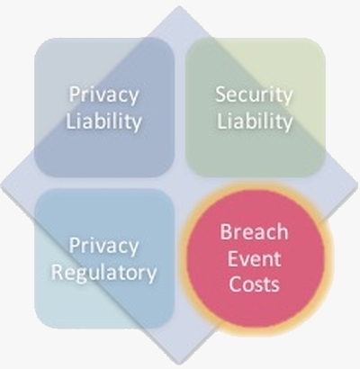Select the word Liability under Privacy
click(103, 121)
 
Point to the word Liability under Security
click(255, 121)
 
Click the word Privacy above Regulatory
click(103, 247)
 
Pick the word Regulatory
click(103, 274)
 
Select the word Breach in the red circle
click(254, 232)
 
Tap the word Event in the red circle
click(254, 258)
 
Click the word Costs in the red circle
click(254, 283)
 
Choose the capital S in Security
click(221, 94)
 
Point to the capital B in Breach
click(226, 232)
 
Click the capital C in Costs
click(235, 283)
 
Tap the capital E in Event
click(232, 258)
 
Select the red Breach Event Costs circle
click(256, 258)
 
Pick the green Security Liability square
click(256, 107)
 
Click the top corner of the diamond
click(179, 5)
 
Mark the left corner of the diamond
click(1, 184)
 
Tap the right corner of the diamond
click(359, 184)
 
